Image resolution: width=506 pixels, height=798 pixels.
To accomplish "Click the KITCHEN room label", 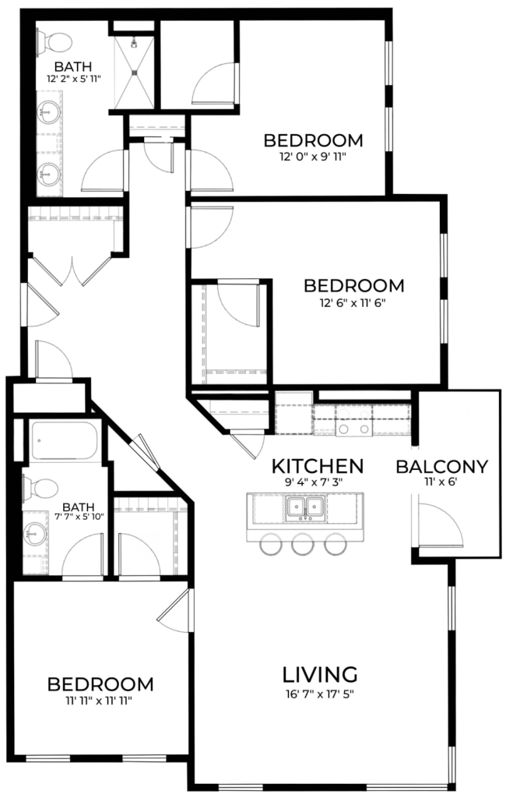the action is [318, 466].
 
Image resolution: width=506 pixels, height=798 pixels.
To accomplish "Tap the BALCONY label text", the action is [441, 467].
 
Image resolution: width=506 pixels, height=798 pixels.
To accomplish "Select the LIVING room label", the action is [320, 674].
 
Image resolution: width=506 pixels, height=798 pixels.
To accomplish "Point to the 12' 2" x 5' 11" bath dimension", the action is [73, 79].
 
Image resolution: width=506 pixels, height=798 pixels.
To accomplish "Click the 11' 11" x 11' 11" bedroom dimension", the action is [99, 701].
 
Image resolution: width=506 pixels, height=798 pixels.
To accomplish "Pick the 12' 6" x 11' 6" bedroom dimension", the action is [353, 303].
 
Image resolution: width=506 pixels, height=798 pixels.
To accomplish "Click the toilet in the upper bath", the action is [54, 42].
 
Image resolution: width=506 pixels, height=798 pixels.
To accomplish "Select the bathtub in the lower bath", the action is [64, 441].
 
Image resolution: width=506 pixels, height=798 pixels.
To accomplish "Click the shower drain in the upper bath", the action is [135, 72].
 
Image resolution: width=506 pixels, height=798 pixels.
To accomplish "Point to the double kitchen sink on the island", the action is [305, 507].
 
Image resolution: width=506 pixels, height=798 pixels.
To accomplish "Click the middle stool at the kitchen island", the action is [302, 543].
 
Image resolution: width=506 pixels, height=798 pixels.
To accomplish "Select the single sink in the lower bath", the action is [36, 534].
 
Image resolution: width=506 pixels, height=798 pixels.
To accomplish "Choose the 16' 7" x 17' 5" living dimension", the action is [320, 694].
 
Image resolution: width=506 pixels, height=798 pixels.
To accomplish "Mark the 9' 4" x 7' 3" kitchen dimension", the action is [314, 482].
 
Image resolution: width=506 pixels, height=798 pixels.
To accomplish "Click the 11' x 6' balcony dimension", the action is [441, 482].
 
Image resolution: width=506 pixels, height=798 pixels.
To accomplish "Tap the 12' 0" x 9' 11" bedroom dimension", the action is [313, 157].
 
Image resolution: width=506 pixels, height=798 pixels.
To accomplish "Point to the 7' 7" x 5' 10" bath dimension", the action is [79, 517].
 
